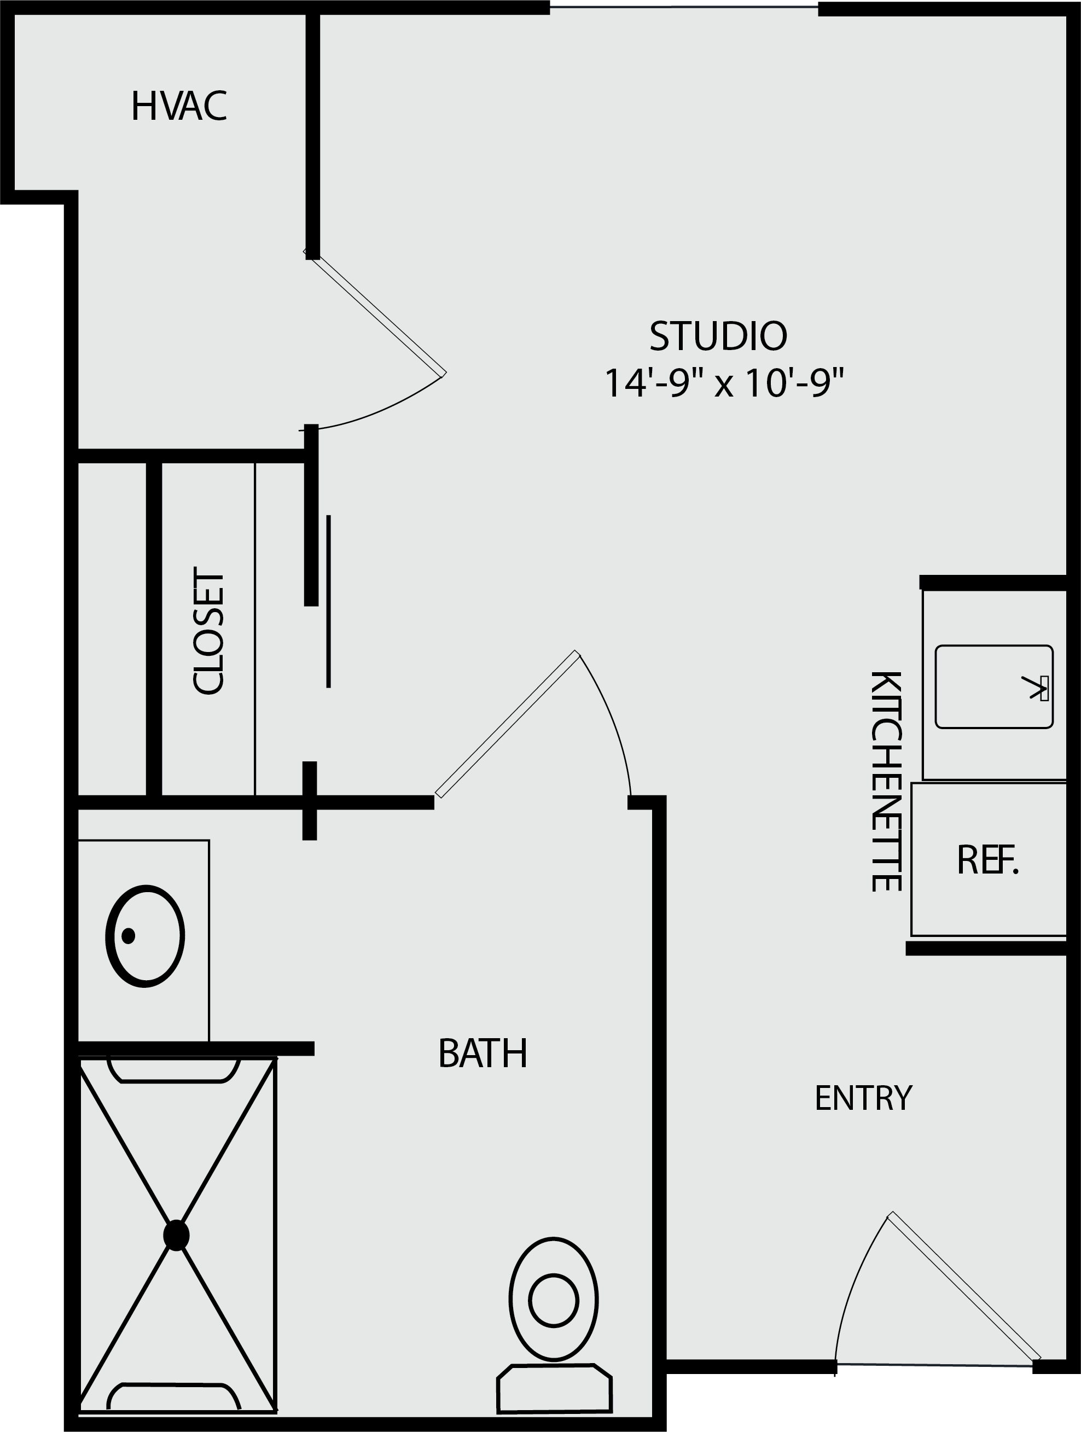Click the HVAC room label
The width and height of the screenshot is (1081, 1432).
[x=179, y=106]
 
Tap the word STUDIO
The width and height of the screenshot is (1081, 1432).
[x=718, y=336]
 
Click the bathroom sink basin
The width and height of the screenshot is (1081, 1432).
[x=145, y=936]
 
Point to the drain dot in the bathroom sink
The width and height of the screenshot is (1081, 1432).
[x=128, y=935]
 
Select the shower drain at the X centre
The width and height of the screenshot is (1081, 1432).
[x=176, y=1235]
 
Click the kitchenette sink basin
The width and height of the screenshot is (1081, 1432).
[x=994, y=687]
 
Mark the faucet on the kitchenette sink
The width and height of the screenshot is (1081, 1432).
[x=1036, y=688]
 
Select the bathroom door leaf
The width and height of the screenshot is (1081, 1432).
[x=508, y=724]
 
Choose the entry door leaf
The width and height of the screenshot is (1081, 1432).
[x=964, y=1288]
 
